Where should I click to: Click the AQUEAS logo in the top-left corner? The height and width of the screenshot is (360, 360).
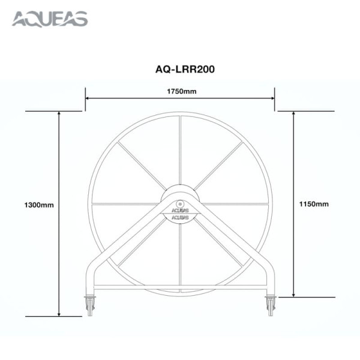[50, 19]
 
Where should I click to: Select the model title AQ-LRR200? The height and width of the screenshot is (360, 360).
[181, 69]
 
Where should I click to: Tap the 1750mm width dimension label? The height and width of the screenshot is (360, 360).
[181, 91]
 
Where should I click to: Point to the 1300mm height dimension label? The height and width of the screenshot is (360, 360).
[40, 205]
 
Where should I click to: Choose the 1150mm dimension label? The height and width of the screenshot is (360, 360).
[314, 204]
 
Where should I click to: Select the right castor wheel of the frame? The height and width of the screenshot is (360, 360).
[271, 306]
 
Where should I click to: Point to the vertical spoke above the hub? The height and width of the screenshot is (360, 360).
[181, 150]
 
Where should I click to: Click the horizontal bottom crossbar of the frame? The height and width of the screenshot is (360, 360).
[181, 286]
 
